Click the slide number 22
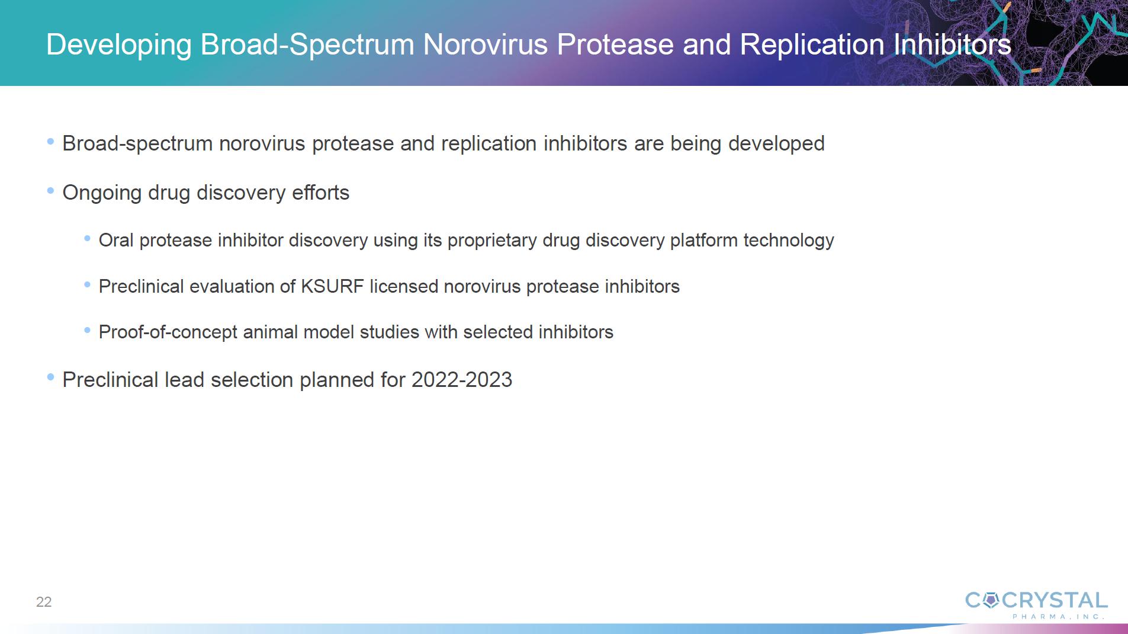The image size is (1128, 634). (44, 602)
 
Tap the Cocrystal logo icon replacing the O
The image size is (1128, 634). (991, 601)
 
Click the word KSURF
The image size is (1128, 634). (332, 286)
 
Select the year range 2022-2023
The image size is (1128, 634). (462, 380)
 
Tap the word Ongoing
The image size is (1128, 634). (102, 193)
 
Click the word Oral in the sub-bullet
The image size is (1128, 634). (116, 240)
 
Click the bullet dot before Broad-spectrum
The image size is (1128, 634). (50, 142)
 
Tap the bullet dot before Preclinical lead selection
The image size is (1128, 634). (50, 377)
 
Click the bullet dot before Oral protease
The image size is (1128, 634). (87, 238)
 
